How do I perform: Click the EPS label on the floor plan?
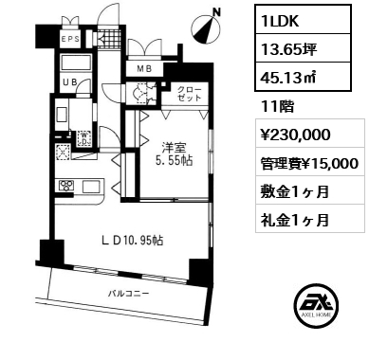[70, 39]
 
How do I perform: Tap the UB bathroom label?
[69, 82]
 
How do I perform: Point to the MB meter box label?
[144, 68]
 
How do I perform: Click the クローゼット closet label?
[189, 94]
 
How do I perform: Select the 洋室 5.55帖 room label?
[174, 154]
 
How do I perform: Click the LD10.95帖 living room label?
[133, 241]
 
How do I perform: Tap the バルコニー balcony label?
[128, 294]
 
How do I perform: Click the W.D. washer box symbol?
[84, 138]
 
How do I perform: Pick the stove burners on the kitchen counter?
[66, 186]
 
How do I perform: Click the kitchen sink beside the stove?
[92, 186]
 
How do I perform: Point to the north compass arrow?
[206, 30]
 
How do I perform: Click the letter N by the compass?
[217, 12]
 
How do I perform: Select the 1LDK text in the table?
[280, 21]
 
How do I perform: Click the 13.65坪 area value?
[288, 49]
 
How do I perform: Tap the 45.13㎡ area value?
[288, 78]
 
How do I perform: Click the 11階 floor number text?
[277, 106]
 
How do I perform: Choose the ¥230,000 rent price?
[295, 135]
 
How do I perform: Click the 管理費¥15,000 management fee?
[309, 163]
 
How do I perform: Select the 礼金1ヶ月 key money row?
[295, 220]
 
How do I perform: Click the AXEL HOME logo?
[316, 305]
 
